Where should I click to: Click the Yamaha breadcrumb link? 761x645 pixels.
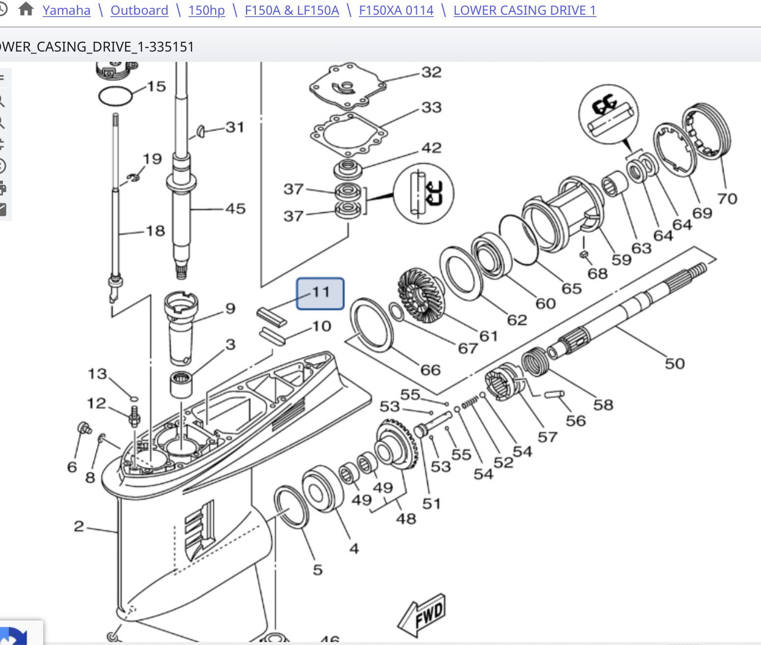click(x=66, y=10)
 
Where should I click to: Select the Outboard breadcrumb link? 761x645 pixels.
click(x=139, y=10)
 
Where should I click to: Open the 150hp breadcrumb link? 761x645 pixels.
click(x=206, y=10)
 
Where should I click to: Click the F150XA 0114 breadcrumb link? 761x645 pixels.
click(x=396, y=10)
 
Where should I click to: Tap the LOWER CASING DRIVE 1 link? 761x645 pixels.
click(x=524, y=10)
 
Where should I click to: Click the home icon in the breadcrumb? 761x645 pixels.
click(x=26, y=9)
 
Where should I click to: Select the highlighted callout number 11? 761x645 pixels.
click(x=320, y=293)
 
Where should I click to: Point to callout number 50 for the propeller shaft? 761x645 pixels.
click(x=674, y=363)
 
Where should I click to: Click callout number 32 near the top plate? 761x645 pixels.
click(x=431, y=72)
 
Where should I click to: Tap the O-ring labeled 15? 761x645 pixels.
click(x=115, y=96)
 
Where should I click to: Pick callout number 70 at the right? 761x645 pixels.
click(x=727, y=198)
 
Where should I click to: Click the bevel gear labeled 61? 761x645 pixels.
click(x=421, y=295)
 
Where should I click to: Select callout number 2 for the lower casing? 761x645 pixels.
click(x=79, y=526)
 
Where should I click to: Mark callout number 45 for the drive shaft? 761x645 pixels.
click(x=235, y=208)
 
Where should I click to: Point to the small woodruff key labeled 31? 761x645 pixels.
click(x=201, y=131)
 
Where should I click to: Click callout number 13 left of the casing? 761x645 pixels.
click(x=97, y=374)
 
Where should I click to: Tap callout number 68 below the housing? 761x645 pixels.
click(x=597, y=273)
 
